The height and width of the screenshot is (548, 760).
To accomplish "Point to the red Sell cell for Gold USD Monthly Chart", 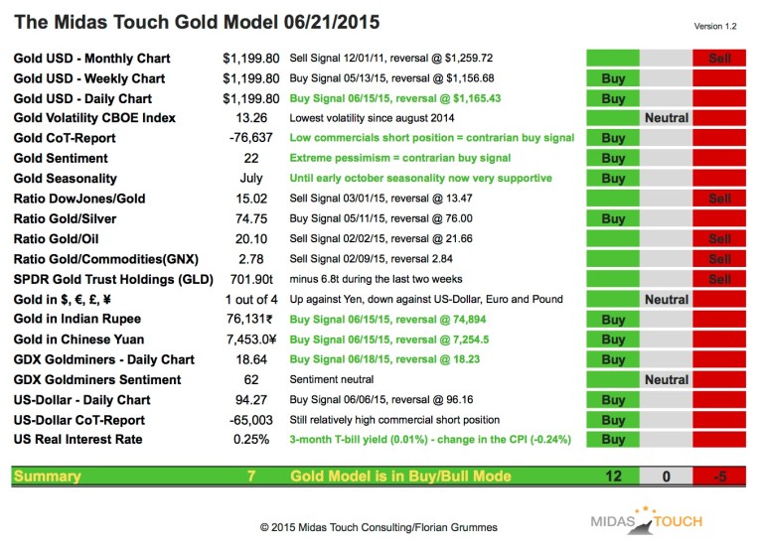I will click(x=719, y=59).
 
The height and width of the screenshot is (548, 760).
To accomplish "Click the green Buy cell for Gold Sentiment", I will click(x=613, y=159).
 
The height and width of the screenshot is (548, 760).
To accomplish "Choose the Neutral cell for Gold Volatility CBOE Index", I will click(x=666, y=118).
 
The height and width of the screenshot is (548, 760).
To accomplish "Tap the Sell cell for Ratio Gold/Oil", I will click(x=719, y=239).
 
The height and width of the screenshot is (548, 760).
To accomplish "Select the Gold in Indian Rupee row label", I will click(x=77, y=320).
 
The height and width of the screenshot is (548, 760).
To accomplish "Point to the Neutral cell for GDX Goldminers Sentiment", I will click(x=666, y=379).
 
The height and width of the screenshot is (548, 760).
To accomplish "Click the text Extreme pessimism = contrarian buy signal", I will click(x=399, y=159).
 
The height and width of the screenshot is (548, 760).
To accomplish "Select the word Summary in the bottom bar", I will click(x=48, y=477).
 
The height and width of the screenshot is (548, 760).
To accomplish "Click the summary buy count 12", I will click(x=613, y=477).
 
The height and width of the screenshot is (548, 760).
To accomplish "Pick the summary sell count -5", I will click(x=719, y=477).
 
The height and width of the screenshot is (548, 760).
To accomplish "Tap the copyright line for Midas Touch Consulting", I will click(x=379, y=526).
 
